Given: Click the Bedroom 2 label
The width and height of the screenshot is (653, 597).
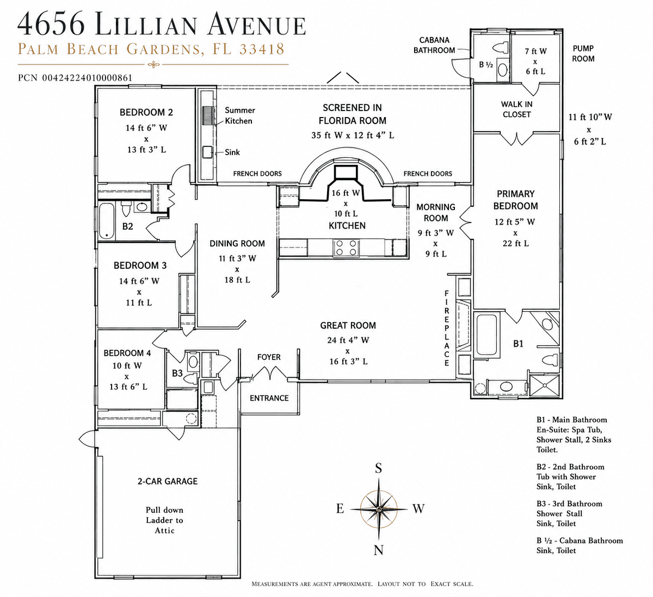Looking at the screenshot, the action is click(146, 112).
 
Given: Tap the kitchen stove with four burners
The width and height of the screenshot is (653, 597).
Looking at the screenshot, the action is click(346, 248).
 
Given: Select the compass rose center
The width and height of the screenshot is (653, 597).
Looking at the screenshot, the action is click(379, 508).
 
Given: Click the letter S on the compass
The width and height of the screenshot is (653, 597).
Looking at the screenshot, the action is click(378, 468).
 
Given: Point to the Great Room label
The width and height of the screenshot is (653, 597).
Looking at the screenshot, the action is click(348, 325).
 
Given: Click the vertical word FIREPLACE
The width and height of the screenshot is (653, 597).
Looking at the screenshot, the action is click(447, 328).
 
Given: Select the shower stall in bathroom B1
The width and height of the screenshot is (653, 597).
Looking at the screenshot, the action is click(544, 385).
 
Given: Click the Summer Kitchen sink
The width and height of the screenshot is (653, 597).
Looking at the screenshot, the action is click(207, 152).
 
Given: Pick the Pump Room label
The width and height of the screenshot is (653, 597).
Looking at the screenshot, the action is click(583, 54).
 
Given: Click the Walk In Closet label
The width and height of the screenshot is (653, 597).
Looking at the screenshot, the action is click(516, 109).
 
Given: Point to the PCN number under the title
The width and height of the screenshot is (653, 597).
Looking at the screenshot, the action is click(75, 78).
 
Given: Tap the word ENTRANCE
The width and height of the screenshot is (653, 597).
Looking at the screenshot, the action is click(269, 398).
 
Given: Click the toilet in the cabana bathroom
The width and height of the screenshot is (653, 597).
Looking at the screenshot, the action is click(501, 47).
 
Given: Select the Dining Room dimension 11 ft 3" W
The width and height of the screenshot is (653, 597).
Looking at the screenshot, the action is click(237, 259).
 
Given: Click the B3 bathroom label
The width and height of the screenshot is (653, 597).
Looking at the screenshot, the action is click(177, 373).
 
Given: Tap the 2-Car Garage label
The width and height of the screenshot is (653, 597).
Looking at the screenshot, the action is click(167, 482).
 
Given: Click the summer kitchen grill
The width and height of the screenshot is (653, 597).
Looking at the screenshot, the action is click(208, 115).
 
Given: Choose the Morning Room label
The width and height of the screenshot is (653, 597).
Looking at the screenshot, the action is click(436, 213).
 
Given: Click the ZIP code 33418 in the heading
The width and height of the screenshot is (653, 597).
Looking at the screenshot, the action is click(262, 49).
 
